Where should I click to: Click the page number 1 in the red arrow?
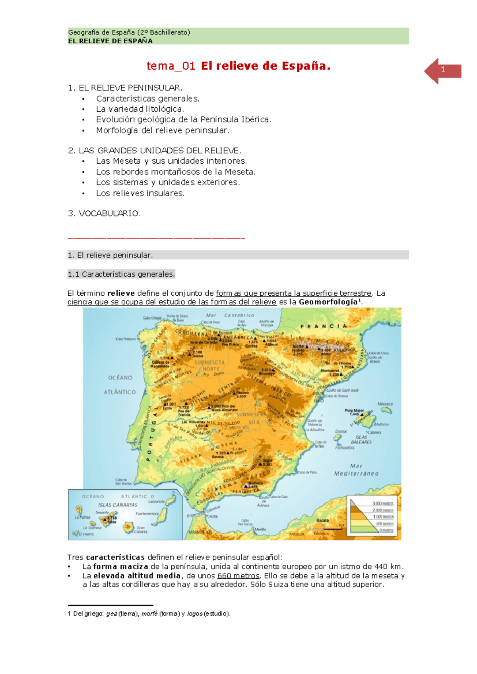click(443, 70)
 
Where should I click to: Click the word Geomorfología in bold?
click(328, 302)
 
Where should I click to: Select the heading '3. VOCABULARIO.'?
click(104, 213)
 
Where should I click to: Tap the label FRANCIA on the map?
click(324, 326)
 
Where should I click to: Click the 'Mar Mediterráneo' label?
click(356, 470)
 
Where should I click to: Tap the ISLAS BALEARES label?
click(361, 440)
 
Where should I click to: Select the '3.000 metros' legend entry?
click(383, 504)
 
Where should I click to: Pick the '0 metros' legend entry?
click(386, 530)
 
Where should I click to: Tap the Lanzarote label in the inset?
click(156, 502)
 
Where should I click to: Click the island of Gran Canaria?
click(128, 527)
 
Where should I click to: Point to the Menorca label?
click(385, 404)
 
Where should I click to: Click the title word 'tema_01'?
click(171, 66)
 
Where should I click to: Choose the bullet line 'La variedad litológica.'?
click(140, 109)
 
